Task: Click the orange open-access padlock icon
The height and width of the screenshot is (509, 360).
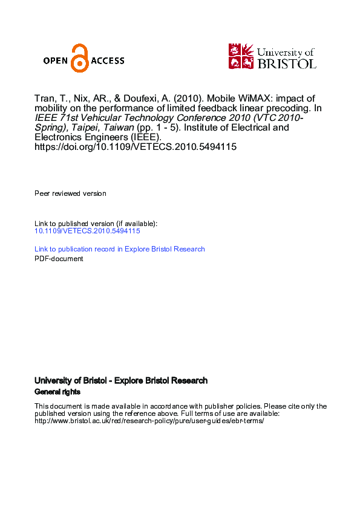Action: [x=78, y=58]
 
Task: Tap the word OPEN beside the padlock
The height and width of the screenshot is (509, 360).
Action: [x=56, y=60]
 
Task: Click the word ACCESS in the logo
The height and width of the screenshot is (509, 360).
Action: [x=107, y=60]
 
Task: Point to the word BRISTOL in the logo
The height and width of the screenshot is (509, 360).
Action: [x=287, y=63]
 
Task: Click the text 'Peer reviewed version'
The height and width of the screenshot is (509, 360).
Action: [x=70, y=193]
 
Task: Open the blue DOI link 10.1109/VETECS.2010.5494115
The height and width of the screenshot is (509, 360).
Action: [x=87, y=231]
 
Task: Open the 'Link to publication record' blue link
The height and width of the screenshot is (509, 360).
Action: [x=120, y=249]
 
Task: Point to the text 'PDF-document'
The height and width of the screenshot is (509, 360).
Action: [x=59, y=259]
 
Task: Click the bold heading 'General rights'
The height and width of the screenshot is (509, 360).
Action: [x=57, y=392]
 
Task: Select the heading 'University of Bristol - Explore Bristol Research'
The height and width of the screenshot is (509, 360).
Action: [x=121, y=381]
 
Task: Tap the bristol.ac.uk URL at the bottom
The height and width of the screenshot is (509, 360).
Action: [x=149, y=421]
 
